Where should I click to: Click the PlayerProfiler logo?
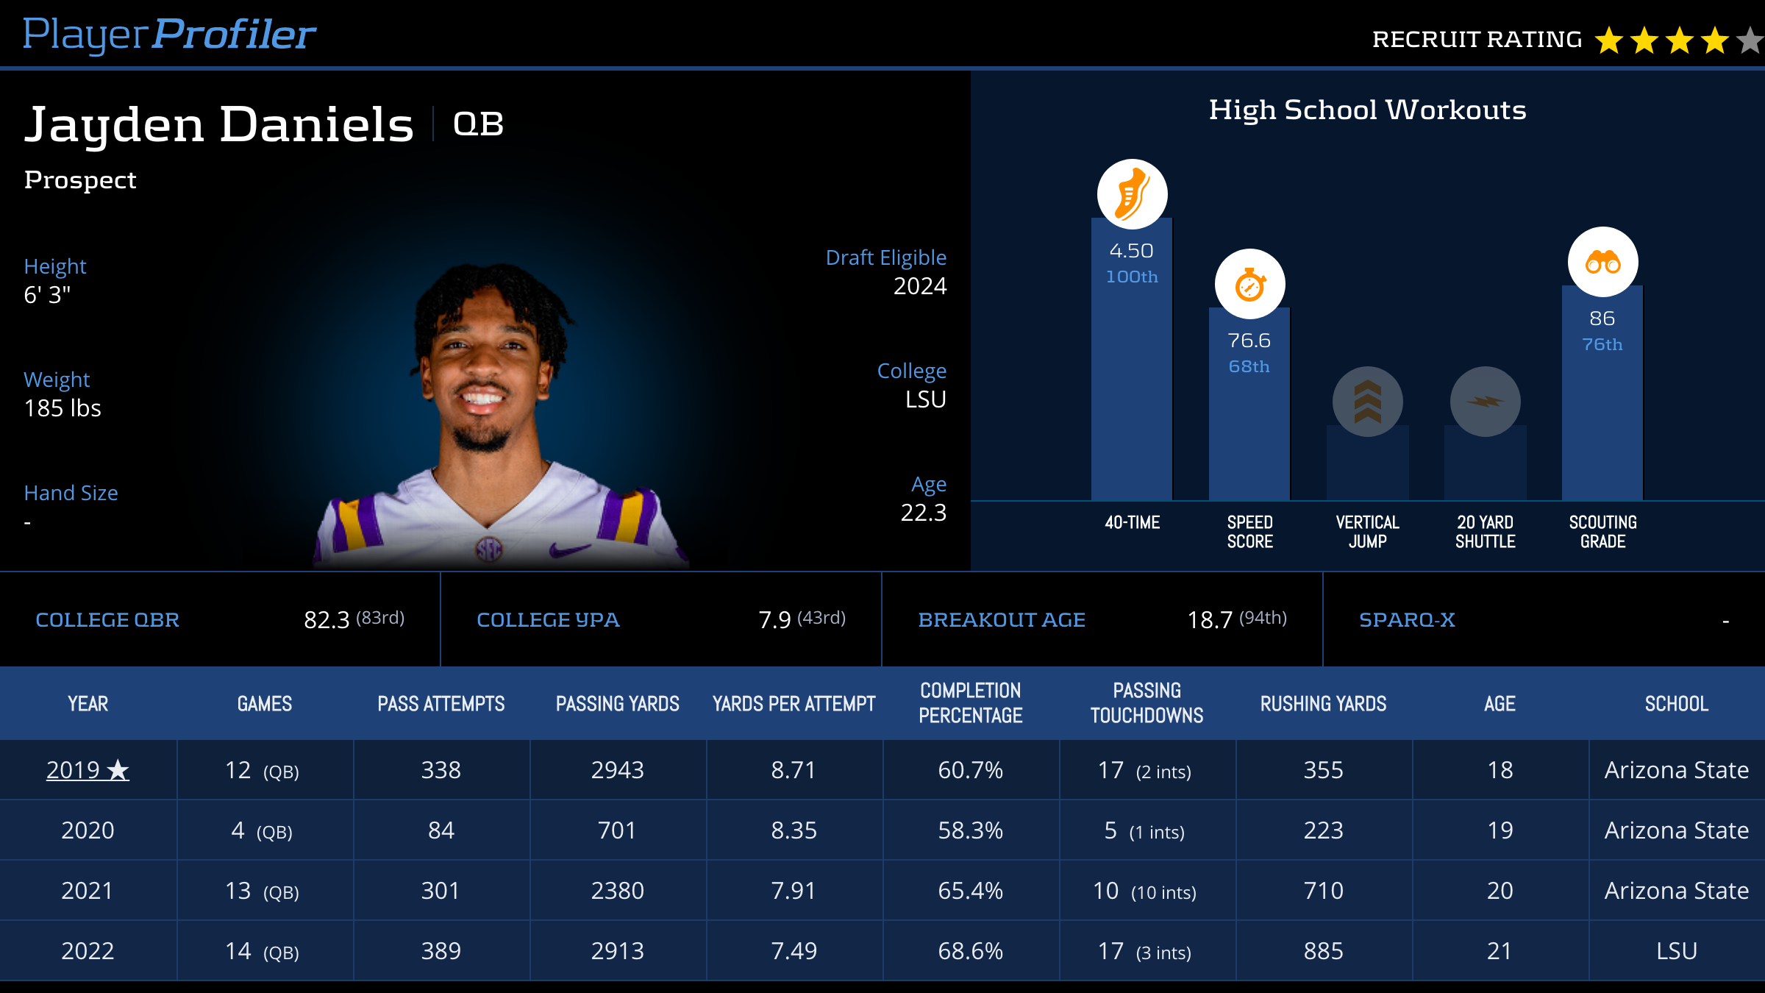(169, 35)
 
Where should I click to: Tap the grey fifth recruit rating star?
(1750, 40)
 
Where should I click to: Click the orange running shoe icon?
(1132, 194)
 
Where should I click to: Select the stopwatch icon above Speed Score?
(1249, 285)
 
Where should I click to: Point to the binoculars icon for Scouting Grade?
(1602, 263)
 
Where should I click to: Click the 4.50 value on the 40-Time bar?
(1131, 252)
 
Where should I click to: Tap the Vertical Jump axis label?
(1367, 532)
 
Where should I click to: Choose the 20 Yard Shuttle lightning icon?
(1485, 402)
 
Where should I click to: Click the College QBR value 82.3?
(327, 620)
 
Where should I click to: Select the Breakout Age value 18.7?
(1210, 620)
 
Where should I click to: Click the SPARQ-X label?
(1407, 620)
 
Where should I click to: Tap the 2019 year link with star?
(88, 770)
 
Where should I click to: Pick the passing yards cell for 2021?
(617, 891)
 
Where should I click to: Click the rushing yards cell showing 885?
(1323, 951)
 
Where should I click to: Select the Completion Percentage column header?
(970, 703)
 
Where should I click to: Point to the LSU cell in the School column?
(1676, 951)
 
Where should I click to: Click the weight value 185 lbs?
(63, 408)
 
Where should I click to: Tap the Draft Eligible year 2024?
(919, 286)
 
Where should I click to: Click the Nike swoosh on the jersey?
(569, 549)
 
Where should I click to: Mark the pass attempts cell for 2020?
(441, 830)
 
